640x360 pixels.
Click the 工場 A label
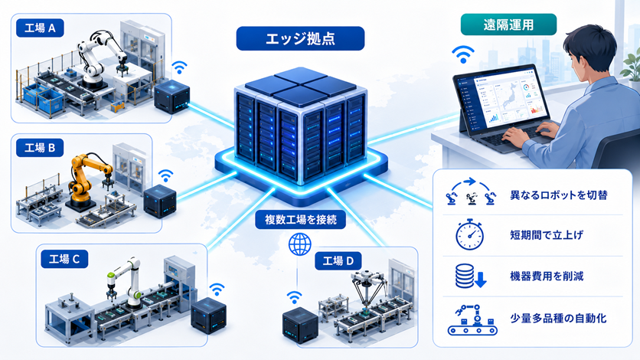[40, 28]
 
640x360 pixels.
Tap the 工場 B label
[40, 147]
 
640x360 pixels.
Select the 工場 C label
[64, 259]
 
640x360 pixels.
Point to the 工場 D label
[338, 260]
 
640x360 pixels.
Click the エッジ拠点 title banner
[300, 39]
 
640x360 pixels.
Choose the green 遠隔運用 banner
[508, 25]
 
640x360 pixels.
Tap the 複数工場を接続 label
[300, 220]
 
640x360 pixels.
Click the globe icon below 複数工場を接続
[300, 244]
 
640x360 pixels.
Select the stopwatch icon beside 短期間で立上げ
[470, 234]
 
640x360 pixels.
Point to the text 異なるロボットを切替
[559, 195]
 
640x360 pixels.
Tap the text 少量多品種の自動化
[558, 319]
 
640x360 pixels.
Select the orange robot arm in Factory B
[87, 179]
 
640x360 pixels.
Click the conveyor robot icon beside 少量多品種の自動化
[472, 320]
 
